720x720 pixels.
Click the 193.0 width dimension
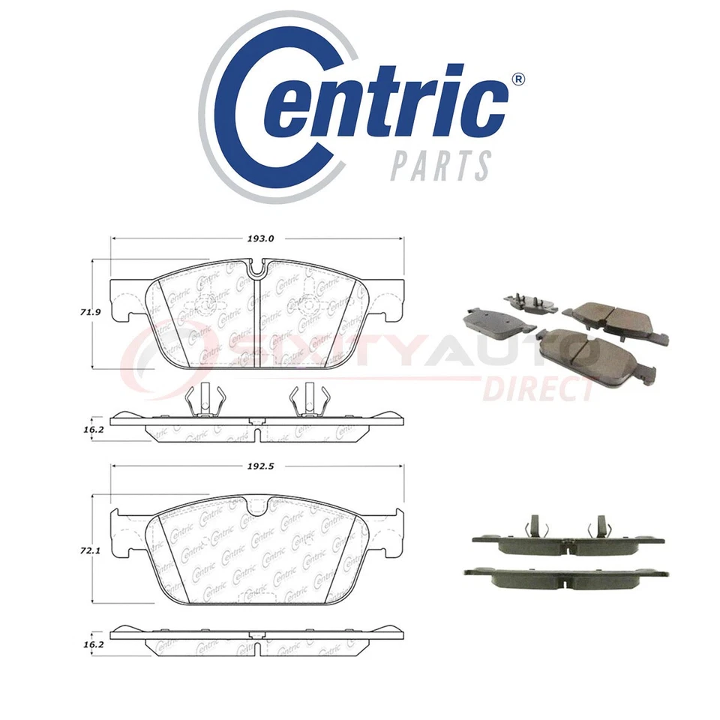point(261,238)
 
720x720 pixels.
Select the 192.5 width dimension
point(261,466)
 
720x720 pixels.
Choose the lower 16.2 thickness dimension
point(94,643)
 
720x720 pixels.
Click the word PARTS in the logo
point(441,164)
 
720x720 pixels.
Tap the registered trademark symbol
point(517,79)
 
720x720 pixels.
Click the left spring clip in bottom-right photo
point(534,527)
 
